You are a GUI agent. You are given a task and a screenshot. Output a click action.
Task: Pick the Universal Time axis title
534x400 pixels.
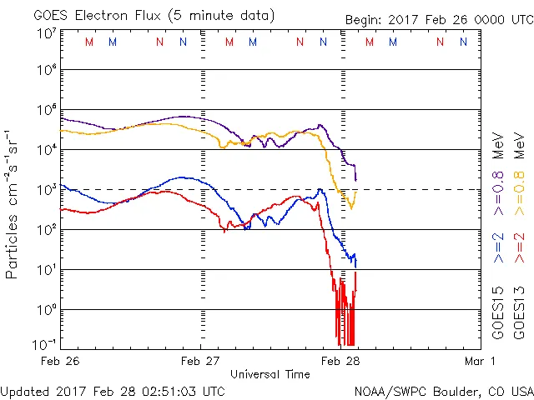270,374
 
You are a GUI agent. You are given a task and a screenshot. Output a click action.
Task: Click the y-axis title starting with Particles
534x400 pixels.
13,204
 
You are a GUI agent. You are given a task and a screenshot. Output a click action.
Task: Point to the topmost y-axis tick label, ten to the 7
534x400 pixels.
47,33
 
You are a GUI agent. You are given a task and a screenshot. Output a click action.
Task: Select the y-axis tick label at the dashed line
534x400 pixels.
47,189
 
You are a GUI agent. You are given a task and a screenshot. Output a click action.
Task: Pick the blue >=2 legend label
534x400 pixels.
497,248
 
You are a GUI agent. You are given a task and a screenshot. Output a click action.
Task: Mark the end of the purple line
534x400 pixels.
356,179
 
